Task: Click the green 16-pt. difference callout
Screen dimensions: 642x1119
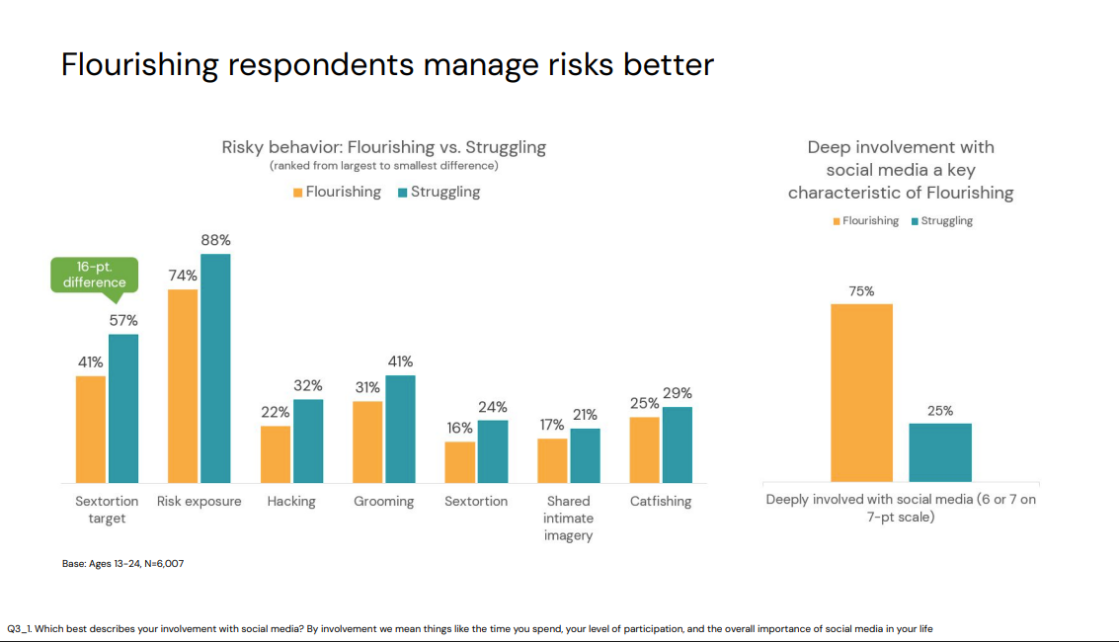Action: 95,275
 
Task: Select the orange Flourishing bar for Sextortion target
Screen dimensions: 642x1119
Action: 91,429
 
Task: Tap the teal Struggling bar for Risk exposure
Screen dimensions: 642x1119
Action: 215,367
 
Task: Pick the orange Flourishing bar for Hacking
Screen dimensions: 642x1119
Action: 276,453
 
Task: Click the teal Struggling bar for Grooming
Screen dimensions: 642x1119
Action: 400,429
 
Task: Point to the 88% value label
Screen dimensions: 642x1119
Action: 215,240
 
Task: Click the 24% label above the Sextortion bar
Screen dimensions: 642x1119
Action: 492,407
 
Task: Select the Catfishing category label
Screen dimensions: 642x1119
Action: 661,502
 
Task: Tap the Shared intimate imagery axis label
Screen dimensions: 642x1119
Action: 568,518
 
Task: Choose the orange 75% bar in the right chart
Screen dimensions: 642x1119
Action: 861,392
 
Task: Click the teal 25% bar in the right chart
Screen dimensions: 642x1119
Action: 940,452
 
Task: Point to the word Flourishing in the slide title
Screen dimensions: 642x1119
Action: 139,64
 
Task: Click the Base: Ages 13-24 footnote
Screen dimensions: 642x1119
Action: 123,564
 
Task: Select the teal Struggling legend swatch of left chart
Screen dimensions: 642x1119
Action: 402,193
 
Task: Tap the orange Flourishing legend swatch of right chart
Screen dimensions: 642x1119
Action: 837,221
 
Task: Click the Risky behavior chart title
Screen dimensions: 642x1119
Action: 383,147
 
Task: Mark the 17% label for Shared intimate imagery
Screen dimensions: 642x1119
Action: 552,425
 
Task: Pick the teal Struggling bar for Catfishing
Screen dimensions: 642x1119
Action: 678,444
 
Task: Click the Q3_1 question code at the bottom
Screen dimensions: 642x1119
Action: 20,628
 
